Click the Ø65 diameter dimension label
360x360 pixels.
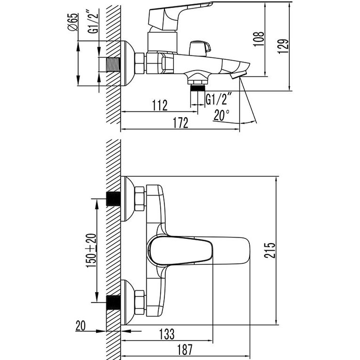(x=73, y=22)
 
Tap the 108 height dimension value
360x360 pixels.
(x=259, y=39)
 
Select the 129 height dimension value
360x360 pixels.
(x=283, y=46)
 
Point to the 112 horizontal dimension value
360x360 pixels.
(x=160, y=105)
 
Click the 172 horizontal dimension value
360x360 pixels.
(x=180, y=123)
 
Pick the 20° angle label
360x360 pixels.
(x=221, y=115)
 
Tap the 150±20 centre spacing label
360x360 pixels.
(x=91, y=251)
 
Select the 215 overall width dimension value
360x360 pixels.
(x=270, y=250)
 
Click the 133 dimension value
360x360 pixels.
(x=167, y=334)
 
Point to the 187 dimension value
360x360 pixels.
(x=185, y=350)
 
